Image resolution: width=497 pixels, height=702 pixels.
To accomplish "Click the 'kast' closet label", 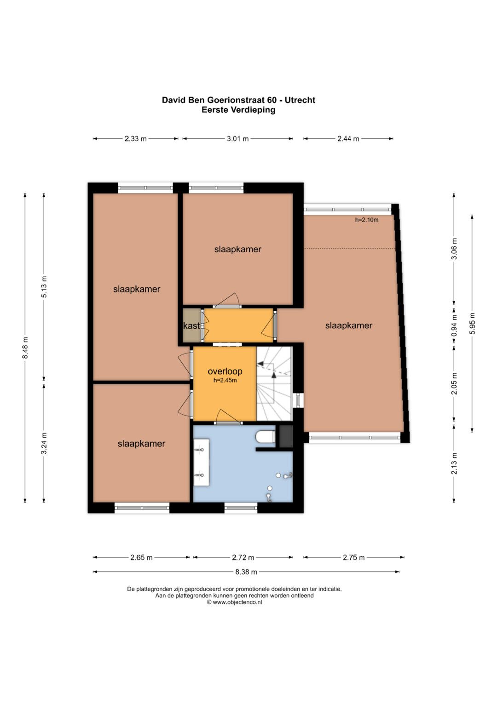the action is [191, 326].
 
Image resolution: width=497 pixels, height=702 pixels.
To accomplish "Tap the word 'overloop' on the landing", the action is [225, 371].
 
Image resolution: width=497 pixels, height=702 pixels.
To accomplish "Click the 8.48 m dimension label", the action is [25, 348].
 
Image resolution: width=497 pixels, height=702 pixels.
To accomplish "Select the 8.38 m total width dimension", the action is [246, 572].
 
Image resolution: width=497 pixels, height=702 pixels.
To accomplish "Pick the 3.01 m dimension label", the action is [237, 138].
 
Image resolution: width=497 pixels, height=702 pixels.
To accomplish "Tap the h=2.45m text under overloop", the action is [225, 381].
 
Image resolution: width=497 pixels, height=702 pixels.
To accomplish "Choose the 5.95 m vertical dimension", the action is [472, 324].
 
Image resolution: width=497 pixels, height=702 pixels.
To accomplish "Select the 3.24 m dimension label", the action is [44, 443].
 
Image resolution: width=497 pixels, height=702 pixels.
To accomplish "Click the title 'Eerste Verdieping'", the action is [238, 110].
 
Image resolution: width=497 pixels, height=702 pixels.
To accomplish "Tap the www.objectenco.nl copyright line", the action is [234, 602].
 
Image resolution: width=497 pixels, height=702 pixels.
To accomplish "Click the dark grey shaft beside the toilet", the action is [286, 436].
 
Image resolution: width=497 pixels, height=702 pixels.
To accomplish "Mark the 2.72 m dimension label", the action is [243, 558].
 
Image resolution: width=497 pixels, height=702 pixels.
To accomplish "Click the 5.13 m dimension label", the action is [44, 287].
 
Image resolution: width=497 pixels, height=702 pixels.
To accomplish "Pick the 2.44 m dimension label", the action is [348, 138].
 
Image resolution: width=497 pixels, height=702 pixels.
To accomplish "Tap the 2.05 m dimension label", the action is [454, 384].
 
